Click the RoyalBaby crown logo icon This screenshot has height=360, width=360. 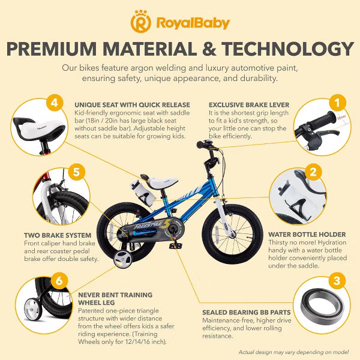(141, 22)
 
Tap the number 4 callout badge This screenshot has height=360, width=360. (55, 103)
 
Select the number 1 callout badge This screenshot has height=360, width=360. (337, 103)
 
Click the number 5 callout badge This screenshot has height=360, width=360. (76, 172)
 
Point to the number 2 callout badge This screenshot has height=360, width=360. (313, 172)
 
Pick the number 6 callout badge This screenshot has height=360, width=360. (59, 281)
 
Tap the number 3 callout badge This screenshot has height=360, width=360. (337, 281)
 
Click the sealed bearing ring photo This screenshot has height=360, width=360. (322, 307)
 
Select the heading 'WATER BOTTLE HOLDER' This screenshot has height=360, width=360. (307, 235)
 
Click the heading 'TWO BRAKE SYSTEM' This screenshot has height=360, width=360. (58, 235)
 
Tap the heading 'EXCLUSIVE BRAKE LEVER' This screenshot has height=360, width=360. (249, 105)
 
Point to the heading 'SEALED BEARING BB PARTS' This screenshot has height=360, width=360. (247, 313)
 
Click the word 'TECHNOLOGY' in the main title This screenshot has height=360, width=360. (287, 49)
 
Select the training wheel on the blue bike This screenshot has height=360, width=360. (123, 259)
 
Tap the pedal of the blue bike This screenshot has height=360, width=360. (175, 246)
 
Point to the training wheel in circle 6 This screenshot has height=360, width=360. (33, 309)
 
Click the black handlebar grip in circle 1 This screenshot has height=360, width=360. (322, 119)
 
